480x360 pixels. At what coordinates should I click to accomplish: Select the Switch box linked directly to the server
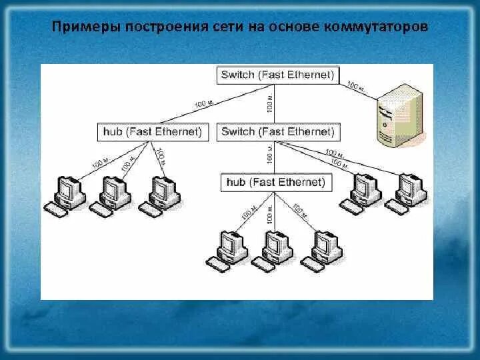pos(277,75)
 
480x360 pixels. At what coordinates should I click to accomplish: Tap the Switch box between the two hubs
pos(277,131)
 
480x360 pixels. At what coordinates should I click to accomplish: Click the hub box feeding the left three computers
pos(152,131)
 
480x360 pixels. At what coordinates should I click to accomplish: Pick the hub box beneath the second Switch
pos(276,182)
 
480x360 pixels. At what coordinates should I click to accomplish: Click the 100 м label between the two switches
pos(269,104)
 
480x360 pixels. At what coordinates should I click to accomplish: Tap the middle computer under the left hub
pos(113,194)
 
